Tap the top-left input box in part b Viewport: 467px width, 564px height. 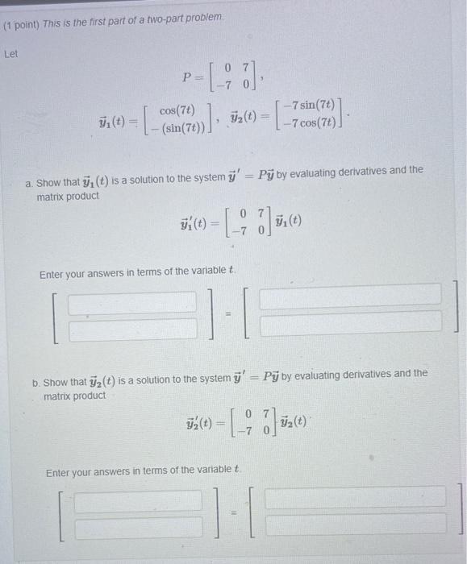(x=138, y=500)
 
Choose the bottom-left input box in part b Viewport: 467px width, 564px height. (x=138, y=525)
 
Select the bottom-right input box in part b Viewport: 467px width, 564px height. (x=355, y=523)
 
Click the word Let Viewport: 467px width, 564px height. (x=11, y=56)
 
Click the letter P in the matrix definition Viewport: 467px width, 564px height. (x=187, y=78)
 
